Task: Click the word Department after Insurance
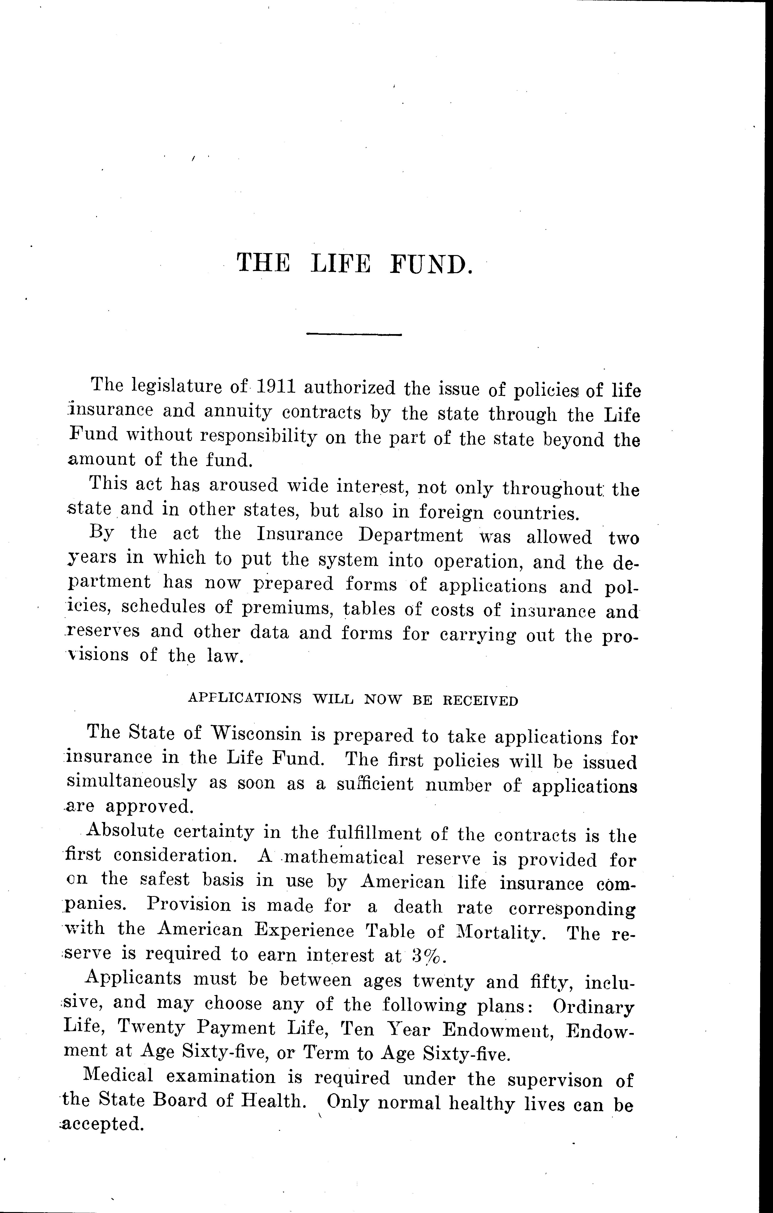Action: [x=411, y=535]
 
